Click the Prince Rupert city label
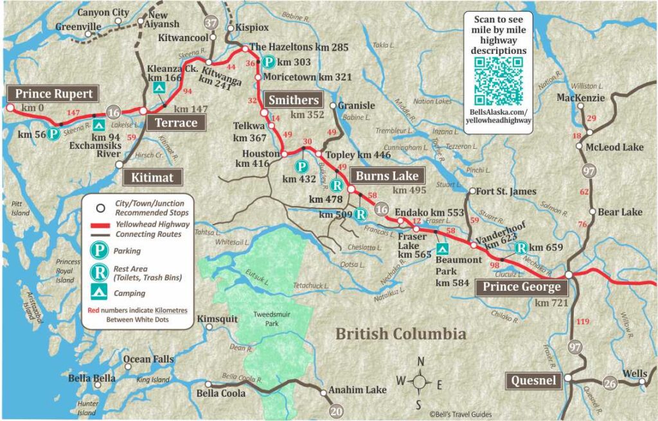[x=54, y=94]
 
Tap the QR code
[x=498, y=82]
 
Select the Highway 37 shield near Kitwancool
[x=211, y=23]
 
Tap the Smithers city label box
[x=293, y=99]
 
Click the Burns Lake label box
[x=388, y=176]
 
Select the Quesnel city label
[x=533, y=381]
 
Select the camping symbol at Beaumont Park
[x=441, y=248]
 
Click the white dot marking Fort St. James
[x=472, y=191]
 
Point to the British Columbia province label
[x=401, y=334]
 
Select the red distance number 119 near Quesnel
[x=583, y=321]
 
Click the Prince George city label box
[x=522, y=287]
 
